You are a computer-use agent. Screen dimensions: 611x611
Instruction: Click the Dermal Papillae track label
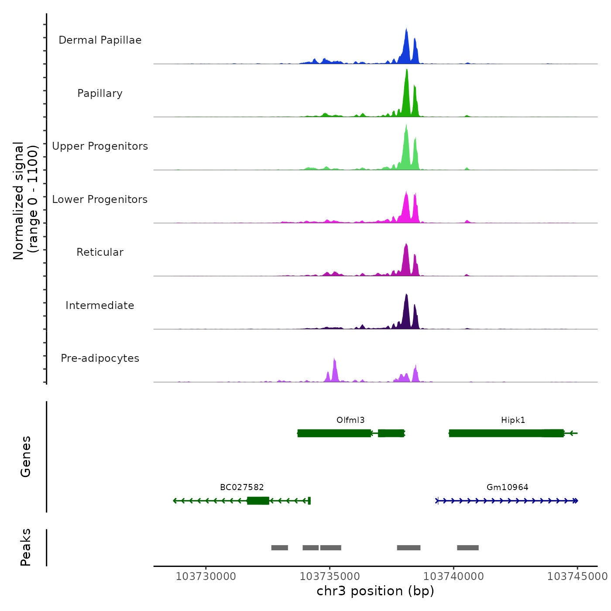click(x=100, y=40)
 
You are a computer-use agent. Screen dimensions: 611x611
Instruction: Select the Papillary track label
click(x=100, y=93)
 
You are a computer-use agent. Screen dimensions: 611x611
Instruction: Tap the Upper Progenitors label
click(x=100, y=146)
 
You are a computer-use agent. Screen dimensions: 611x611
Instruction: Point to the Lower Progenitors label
click(x=100, y=199)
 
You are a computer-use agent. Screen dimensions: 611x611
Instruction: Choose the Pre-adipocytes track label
click(x=100, y=358)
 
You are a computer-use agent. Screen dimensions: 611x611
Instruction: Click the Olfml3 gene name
click(x=350, y=420)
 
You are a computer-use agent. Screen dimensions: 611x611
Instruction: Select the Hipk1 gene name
click(x=513, y=420)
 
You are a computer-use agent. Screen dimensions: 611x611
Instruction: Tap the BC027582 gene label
click(x=242, y=487)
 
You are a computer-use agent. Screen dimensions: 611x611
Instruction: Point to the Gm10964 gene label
click(x=507, y=487)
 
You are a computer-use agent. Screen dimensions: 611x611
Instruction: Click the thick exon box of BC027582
click(x=258, y=501)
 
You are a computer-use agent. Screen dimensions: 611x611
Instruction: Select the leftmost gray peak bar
click(x=279, y=548)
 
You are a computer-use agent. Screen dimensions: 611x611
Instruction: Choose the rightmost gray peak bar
click(x=468, y=548)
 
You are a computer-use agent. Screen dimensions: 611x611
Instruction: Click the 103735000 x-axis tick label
click(x=330, y=577)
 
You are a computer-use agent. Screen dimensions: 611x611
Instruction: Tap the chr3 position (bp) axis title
click(x=375, y=591)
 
